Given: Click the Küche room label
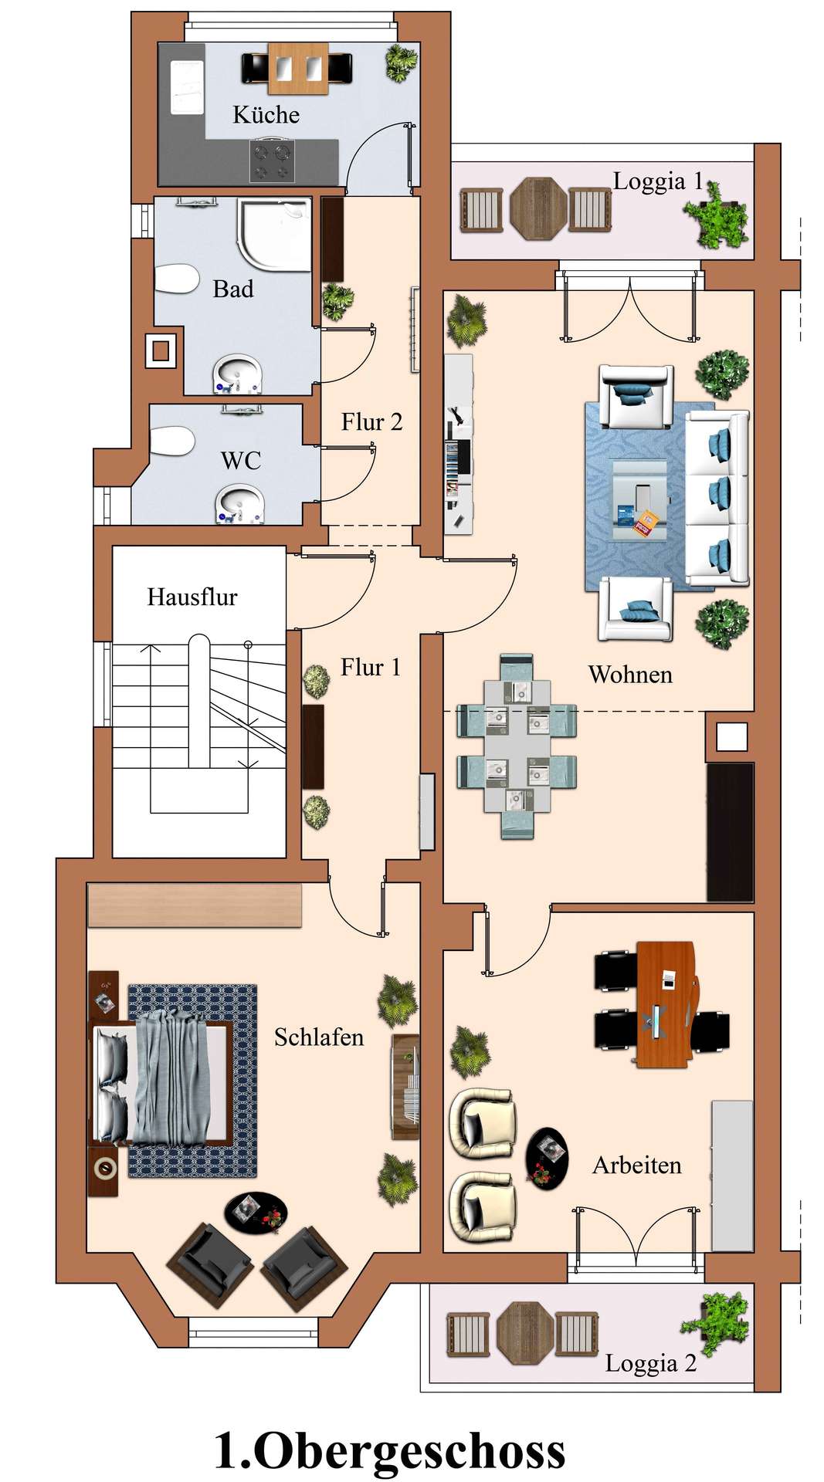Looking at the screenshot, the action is click(x=266, y=115).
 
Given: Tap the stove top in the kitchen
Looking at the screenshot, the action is click(x=272, y=161).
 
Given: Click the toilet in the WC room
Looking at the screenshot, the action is click(x=171, y=441).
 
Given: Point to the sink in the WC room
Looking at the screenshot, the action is click(x=239, y=502).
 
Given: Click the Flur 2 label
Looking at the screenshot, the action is click(x=371, y=422).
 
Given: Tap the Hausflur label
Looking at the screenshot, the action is click(x=192, y=597).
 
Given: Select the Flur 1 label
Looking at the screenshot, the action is click(x=371, y=667).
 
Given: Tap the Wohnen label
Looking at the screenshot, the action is click(x=630, y=675).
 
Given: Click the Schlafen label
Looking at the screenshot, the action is click(x=319, y=1037).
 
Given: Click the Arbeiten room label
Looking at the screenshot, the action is click(x=637, y=1166).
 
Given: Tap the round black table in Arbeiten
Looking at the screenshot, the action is click(x=547, y=1159).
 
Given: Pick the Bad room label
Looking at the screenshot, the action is click(x=233, y=289).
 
